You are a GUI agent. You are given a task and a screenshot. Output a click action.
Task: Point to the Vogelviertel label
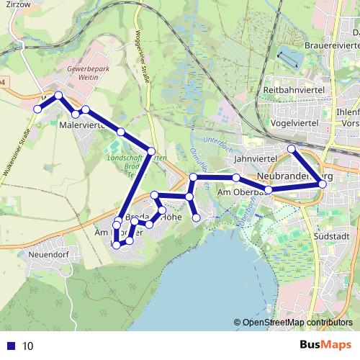tap(295, 123)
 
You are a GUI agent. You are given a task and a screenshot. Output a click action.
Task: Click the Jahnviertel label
tap(256, 156)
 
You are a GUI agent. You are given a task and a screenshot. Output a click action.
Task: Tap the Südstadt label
tap(332, 235)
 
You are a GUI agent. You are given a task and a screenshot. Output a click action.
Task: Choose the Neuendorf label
tap(48, 254)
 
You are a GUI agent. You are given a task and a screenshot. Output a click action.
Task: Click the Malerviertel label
tap(82, 125)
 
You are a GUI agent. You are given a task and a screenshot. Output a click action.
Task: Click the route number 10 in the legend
tap(27, 346)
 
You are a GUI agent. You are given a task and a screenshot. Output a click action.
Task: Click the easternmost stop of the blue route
tap(323, 184)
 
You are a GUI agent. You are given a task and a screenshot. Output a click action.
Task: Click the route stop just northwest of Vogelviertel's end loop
tap(292, 149)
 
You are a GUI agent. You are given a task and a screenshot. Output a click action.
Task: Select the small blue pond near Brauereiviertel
tap(287, 56)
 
